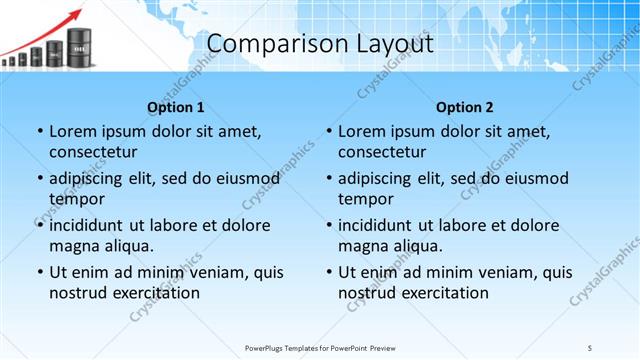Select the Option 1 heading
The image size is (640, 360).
176,107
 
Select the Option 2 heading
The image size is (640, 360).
465,107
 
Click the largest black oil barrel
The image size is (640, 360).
80,46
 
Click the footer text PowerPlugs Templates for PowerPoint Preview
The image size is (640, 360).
320,348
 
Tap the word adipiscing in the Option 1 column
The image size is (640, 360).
92,178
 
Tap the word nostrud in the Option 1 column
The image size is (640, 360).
77,293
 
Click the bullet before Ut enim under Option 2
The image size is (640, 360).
329,272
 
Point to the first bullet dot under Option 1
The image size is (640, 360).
39,131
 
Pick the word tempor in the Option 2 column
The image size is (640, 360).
363,199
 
